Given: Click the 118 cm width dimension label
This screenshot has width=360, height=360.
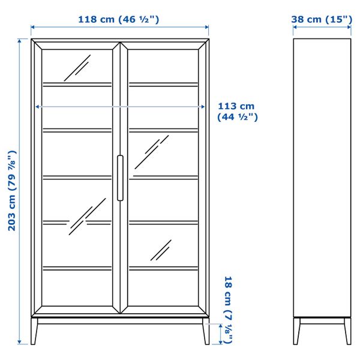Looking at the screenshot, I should pos(118,19).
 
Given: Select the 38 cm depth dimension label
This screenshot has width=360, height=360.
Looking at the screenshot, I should pos(322,19).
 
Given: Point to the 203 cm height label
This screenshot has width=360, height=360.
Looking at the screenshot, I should pos(10,191).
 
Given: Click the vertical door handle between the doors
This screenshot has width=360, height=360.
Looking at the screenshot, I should pos(120,178).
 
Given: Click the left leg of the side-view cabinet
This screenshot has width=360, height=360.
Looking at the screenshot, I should pos(298,331).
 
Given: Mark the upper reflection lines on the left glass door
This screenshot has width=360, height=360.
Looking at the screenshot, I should pos(77,68).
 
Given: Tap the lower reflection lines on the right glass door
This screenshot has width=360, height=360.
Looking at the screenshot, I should pos(161,250).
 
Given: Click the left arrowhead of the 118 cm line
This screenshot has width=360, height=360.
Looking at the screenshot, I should pos(33,27).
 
